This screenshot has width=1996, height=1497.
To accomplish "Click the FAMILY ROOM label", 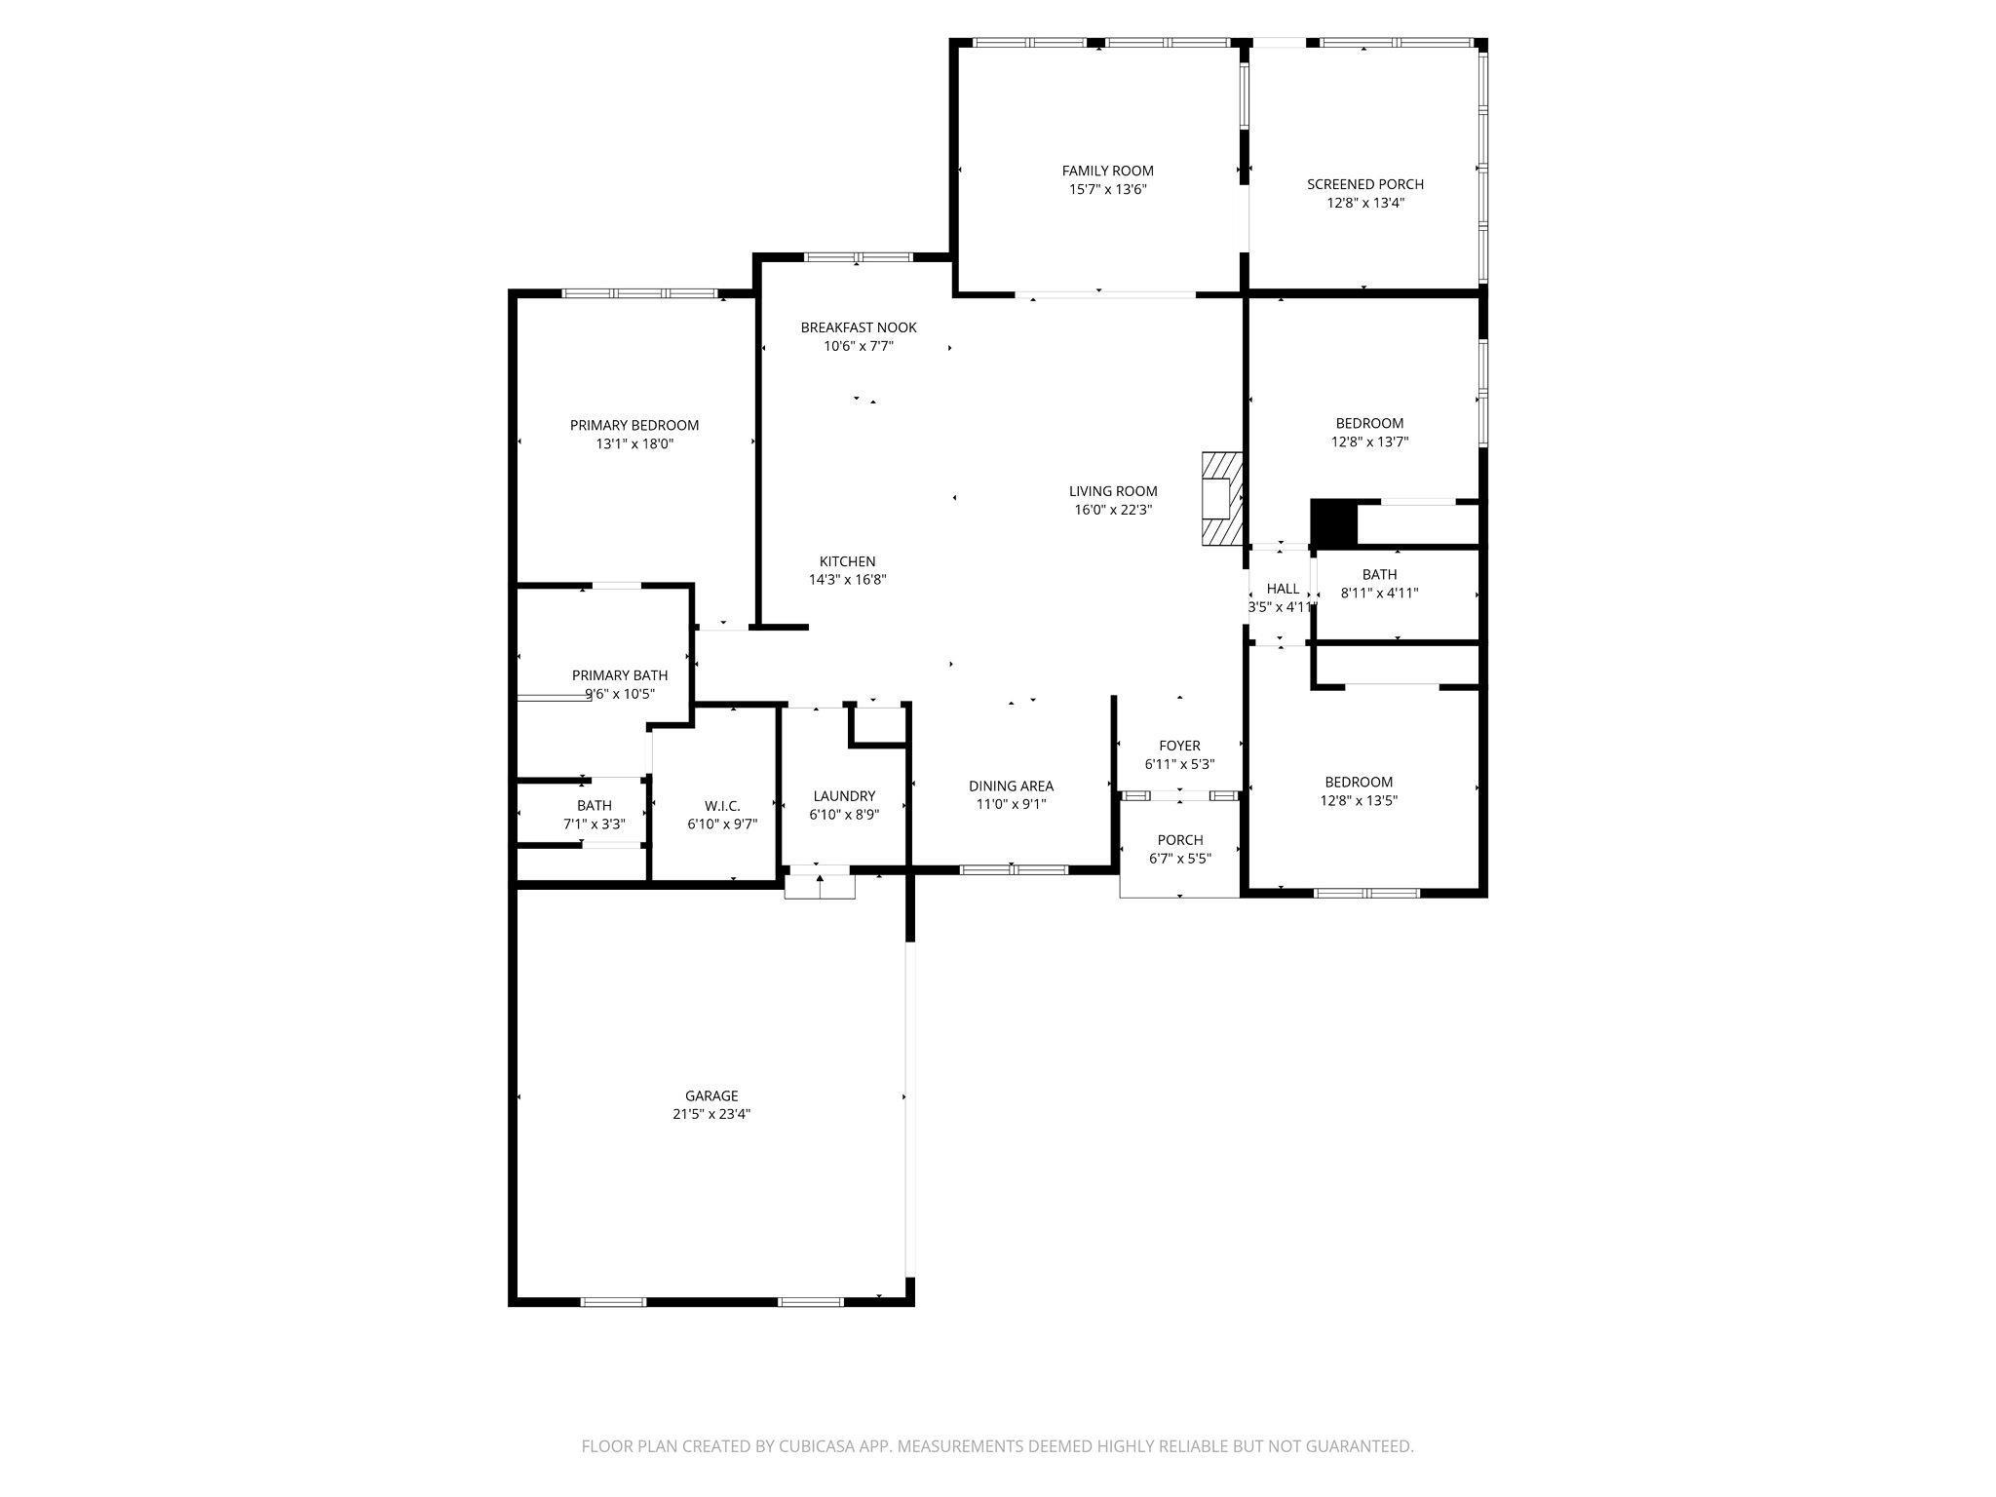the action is click(x=1107, y=171).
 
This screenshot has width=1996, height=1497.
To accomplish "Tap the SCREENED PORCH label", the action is click(x=1365, y=184).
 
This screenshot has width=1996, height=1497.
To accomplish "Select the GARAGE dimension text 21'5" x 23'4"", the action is click(x=711, y=1114).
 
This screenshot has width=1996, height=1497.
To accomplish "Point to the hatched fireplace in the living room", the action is click(x=1222, y=498).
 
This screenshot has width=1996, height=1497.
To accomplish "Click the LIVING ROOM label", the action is click(x=1113, y=491).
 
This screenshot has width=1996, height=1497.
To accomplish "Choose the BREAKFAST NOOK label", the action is click(x=859, y=327).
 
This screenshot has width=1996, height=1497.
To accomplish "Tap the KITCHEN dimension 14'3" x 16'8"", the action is click(x=848, y=580).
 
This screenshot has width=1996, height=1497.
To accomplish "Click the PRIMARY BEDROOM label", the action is click(x=634, y=425).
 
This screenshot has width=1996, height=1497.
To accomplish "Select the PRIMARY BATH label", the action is click(x=620, y=675).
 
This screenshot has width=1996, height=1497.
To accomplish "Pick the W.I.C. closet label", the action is click(x=722, y=806).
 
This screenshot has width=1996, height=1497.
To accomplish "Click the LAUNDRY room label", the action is click(x=844, y=796).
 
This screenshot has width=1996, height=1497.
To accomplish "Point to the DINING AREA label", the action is click(x=1011, y=787).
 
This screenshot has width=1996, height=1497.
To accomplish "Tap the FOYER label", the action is click(x=1179, y=747).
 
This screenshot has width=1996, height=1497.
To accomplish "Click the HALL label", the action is click(x=1283, y=589).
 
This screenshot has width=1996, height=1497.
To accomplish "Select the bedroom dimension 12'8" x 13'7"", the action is click(x=1369, y=441).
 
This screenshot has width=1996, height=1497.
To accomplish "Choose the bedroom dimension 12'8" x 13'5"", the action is click(x=1359, y=800).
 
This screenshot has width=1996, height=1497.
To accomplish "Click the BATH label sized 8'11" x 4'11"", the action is click(x=1379, y=574).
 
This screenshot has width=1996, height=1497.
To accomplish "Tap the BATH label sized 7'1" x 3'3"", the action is click(x=595, y=806).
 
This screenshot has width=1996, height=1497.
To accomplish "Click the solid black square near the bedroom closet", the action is click(x=1333, y=523).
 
